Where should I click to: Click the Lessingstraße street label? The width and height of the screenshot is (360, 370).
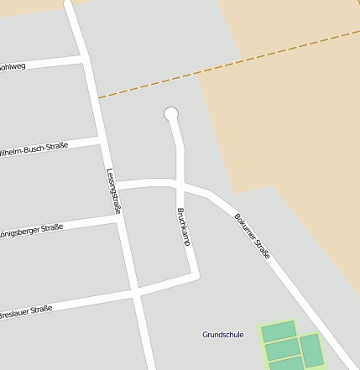point(113,190)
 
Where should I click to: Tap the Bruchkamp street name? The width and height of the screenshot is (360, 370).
point(183,227)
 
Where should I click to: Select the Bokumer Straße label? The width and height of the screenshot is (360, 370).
point(252,235)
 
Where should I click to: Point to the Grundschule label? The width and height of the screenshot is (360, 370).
point(222,335)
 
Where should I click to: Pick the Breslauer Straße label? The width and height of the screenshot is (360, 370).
point(25,310)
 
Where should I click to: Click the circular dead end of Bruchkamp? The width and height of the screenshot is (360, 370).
point(171,114)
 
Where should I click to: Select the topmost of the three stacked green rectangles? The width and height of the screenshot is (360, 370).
point(279,331)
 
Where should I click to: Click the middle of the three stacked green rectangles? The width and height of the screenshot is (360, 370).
point(283,348)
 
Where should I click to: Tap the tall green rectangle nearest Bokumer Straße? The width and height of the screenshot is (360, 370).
point(312,350)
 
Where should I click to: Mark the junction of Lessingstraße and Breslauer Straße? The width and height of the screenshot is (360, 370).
point(135,294)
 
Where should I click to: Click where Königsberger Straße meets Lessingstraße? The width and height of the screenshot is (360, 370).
point(117,216)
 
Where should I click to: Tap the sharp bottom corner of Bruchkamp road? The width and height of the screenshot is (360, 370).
point(196,274)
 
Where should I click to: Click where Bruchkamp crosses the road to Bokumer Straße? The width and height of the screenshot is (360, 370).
point(178,182)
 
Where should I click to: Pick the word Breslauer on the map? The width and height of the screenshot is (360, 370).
point(14,312)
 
